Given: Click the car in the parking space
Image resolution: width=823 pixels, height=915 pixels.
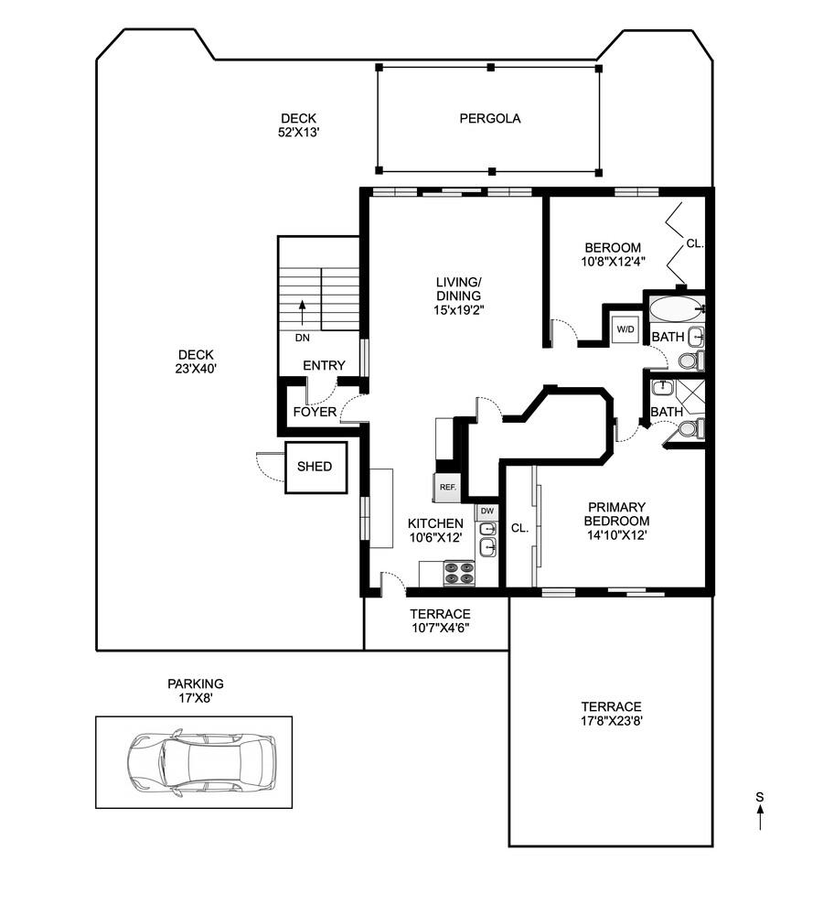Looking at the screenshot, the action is click(x=200, y=761).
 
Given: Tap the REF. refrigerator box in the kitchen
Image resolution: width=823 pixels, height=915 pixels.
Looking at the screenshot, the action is click(x=447, y=488).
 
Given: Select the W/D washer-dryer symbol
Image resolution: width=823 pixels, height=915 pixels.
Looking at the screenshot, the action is click(x=625, y=329).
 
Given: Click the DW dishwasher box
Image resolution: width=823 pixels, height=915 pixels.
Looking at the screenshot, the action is click(x=487, y=511).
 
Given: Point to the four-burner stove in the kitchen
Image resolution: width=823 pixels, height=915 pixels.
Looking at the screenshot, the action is click(x=460, y=573).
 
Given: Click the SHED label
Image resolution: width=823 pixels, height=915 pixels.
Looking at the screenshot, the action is click(x=315, y=467).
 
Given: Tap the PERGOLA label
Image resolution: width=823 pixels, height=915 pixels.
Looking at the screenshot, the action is click(x=490, y=118).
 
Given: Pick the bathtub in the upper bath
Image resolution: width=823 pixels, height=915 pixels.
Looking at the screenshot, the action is click(x=677, y=309).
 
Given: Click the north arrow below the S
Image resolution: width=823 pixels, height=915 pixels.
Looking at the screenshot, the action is click(x=760, y=817).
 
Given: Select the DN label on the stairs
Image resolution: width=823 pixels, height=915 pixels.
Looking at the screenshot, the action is click(x=302, y=338).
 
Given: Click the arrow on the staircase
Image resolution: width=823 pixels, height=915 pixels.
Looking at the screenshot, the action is click(x=302, y=313).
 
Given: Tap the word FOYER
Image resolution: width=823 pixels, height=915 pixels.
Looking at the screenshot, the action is click(x=315, y=412).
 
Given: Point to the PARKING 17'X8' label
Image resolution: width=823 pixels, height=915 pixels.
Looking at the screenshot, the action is click(x=196, y=690).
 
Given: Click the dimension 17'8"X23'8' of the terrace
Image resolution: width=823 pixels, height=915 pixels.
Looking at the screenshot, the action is click(x=611, y=721).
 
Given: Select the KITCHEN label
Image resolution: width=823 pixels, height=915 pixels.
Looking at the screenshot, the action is click(x=435, y=523).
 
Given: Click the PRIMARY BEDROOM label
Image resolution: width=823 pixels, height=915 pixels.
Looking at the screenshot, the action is click(x=616, y=514).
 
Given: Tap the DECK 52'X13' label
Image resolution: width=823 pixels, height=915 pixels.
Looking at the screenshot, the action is click(x=299, y=125).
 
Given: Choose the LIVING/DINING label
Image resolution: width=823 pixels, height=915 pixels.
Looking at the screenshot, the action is click(x=458, y=289).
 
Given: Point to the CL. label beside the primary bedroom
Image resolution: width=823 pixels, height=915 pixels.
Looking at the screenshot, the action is click(x=519, y=528).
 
